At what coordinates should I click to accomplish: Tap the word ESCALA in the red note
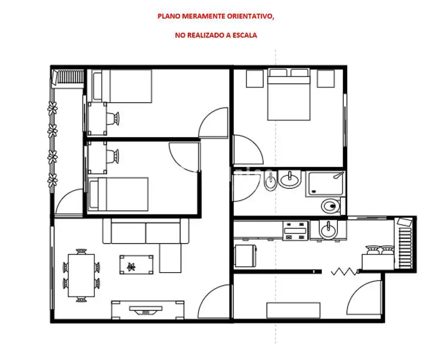[x=244, y=35]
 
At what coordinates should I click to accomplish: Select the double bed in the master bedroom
[x=289, y=94]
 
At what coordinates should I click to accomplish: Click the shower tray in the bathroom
[x=325, y=184]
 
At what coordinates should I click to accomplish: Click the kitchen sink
[x=328, y=230]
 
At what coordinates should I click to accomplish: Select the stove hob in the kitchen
[x=296, y=231]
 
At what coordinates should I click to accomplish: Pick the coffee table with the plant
[x=136, y=265]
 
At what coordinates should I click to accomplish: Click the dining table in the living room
[x=81, y=275]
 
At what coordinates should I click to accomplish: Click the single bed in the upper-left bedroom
[x=122, y=86]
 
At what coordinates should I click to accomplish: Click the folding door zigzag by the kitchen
[x=344, y=272]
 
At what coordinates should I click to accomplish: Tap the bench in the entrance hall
[x=293, y=311]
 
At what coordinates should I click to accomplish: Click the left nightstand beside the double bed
[x=255, y=79]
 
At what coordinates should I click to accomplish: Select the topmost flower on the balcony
[x=52, y=108]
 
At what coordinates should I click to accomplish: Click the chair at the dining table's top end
[x=81, y=252]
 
